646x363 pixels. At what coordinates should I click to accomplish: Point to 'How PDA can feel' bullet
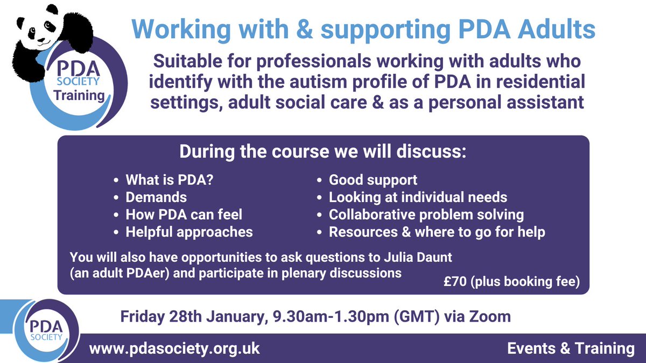184,215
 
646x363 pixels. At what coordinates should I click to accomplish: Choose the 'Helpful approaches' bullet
189,232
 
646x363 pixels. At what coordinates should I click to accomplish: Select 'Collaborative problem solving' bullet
426,215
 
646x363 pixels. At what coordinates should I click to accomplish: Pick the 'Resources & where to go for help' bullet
437,232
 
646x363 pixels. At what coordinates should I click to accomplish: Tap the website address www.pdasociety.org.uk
174,348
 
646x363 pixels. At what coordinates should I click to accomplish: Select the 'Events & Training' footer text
571,348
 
